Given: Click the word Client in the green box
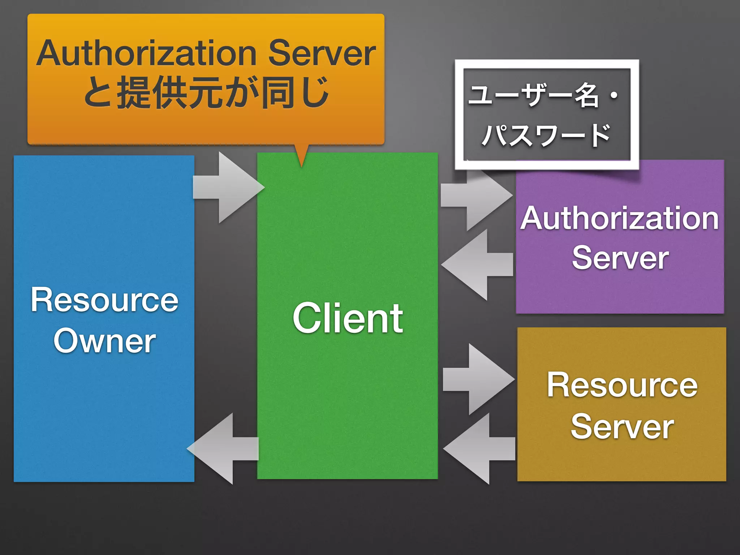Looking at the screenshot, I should (348, 318).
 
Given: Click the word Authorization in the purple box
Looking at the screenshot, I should (619, 218).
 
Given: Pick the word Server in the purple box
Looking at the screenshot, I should (620, 258).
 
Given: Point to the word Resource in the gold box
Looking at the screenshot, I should (622, 385).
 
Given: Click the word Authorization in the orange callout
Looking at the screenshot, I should (146, 53).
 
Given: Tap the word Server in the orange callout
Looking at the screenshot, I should (322, 53).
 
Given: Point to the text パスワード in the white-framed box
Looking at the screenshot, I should (546, 135).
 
